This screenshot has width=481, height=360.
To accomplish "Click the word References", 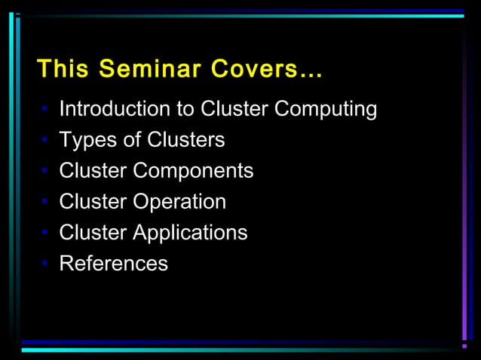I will [x=113, y=264].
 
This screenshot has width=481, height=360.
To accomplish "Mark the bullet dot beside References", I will [x=46, y=264].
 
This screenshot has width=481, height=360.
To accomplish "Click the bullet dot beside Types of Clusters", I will [x=46, y=141].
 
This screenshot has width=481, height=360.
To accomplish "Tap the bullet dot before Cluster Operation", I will [x=46, y=203].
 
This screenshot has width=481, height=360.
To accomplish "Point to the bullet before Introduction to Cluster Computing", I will [x=46, y=111].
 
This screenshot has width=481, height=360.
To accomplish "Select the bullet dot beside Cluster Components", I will [x=46, y=172].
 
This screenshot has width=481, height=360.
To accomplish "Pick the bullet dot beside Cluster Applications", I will [x=46, y=233].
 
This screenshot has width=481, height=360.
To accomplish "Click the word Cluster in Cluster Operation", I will [x=93, y=202].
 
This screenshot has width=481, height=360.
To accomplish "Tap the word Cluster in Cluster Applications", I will [x=93, y=233].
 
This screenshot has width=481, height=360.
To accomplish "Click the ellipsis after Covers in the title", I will [x=310, y=75].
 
